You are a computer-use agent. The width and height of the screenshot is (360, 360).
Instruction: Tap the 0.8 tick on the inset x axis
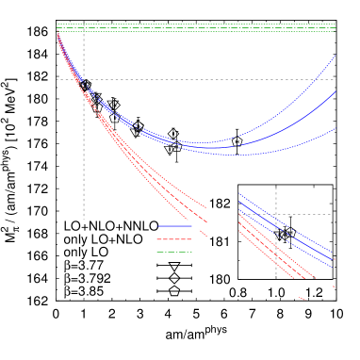click(239, 293)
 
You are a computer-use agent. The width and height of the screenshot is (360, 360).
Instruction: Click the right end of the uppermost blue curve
click(335, 57)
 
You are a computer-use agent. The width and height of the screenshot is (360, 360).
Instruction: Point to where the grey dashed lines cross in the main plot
click(84, 79)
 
